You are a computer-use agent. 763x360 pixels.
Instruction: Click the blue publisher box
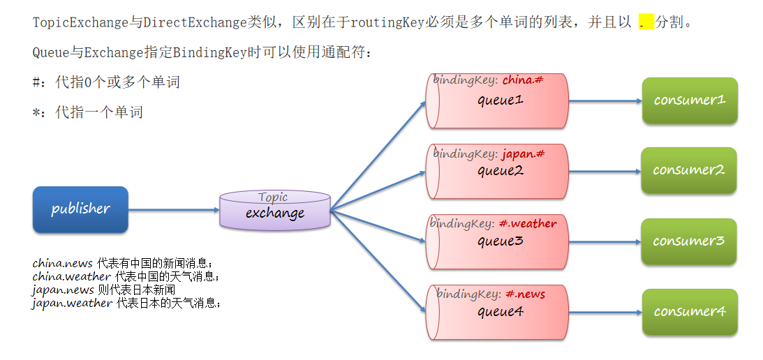pos(80,209)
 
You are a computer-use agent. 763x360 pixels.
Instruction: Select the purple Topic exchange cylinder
pos(275,210)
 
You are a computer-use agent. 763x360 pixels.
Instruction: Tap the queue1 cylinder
pos(497,102)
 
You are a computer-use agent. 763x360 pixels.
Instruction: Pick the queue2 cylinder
pos(497,172)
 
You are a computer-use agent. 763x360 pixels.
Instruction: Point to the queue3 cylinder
pos(497,242)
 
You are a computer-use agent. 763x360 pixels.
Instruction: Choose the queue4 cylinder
pos(497,313)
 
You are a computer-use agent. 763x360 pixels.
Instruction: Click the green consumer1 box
pos(690,100)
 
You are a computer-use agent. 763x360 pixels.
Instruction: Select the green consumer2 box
pos(689,170)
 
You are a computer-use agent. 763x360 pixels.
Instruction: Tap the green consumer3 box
pos(689,241)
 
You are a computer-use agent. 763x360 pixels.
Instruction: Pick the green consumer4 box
pos(690,312)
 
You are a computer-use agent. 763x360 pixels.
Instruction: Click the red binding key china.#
pos(523,80)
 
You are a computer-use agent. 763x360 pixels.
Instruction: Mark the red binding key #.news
pos(525,294)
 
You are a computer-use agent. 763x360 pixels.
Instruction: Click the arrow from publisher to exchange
pos(174,209)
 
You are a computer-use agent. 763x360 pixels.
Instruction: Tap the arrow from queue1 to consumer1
pos(605,101)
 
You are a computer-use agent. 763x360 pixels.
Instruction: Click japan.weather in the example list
pos(72,303)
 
